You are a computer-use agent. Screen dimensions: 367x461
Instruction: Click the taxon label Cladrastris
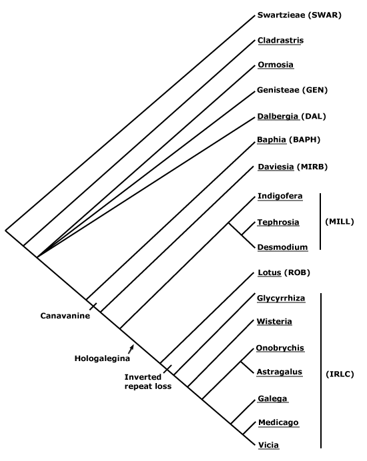[x=280, y=40]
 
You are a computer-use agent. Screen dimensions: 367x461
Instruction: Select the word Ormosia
[x=276, y=65]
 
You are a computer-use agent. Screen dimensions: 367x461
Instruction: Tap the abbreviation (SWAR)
[x=324, y=15]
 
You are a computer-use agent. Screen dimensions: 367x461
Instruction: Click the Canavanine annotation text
[x=65, y=316]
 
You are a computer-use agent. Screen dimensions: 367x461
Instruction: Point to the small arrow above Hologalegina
[x=131, y=348]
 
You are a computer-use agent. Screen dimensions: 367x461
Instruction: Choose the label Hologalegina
[x=102, y=358]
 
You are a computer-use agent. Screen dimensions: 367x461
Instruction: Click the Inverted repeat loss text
[x=148, y=381]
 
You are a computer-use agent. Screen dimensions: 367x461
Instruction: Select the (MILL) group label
[x=340, y=221]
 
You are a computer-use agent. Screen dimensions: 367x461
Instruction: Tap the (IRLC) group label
[x=340, y=374]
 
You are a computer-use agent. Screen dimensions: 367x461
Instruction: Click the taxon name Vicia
[x=268, y=445]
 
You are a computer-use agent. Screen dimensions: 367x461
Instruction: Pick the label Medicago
[x=278, y=422]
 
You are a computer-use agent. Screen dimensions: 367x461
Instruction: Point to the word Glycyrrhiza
[x=281, y=298]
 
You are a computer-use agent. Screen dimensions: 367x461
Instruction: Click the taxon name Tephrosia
[x=278, y=222]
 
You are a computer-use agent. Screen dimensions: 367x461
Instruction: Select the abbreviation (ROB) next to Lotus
[x=297, y=272]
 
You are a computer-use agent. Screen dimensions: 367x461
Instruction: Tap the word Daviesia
[x=276, y=167]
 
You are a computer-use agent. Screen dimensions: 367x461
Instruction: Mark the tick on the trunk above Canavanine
[x=93, y=306]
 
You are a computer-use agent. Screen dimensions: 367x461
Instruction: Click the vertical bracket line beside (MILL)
[x=320, y=221]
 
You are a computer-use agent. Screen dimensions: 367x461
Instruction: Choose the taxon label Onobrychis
[x=280, y=348]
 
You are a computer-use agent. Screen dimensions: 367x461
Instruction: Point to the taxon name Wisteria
[x=274, y=321]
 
